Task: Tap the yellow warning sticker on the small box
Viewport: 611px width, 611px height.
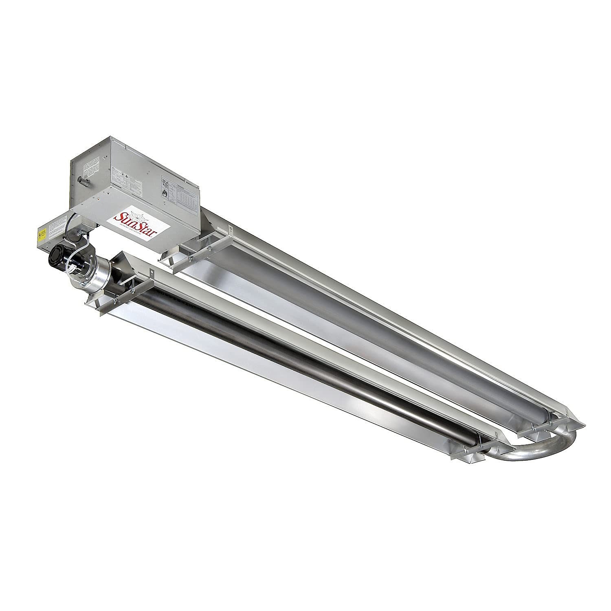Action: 41,235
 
